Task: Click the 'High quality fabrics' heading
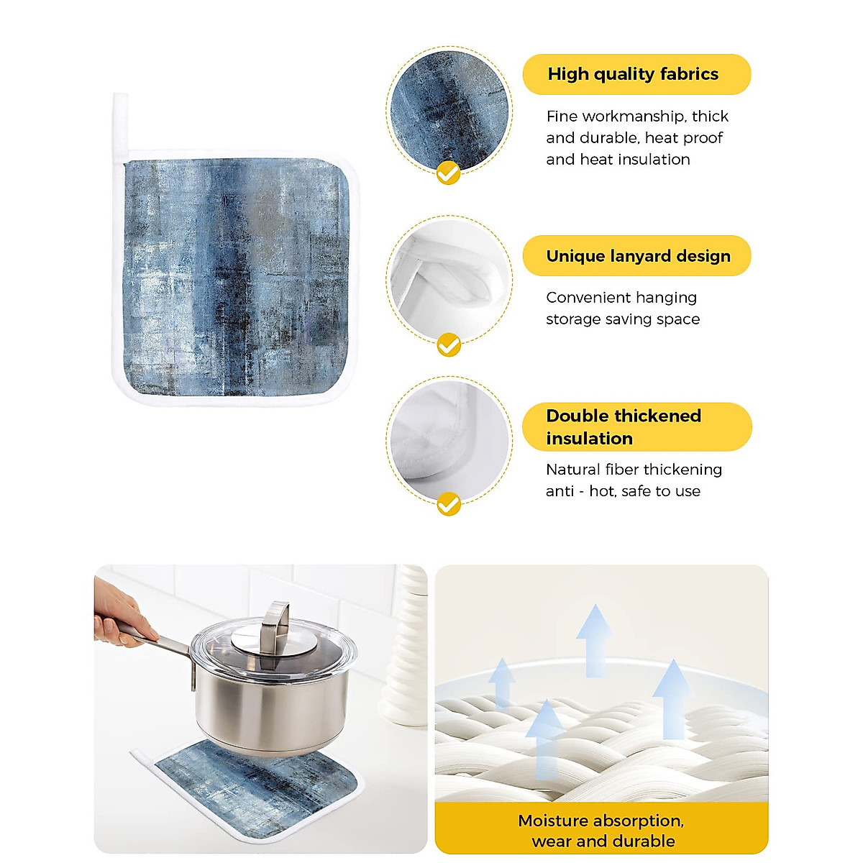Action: point(633,74)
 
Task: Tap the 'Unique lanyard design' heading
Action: point(638,256)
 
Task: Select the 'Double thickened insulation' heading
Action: point(624,426)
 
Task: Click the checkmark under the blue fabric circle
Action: point(449,173)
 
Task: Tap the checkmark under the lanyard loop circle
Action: point(449,345)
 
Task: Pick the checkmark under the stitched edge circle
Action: point(449,503)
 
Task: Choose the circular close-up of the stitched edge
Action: point(449,440)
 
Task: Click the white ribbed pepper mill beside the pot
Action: point(408,647)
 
